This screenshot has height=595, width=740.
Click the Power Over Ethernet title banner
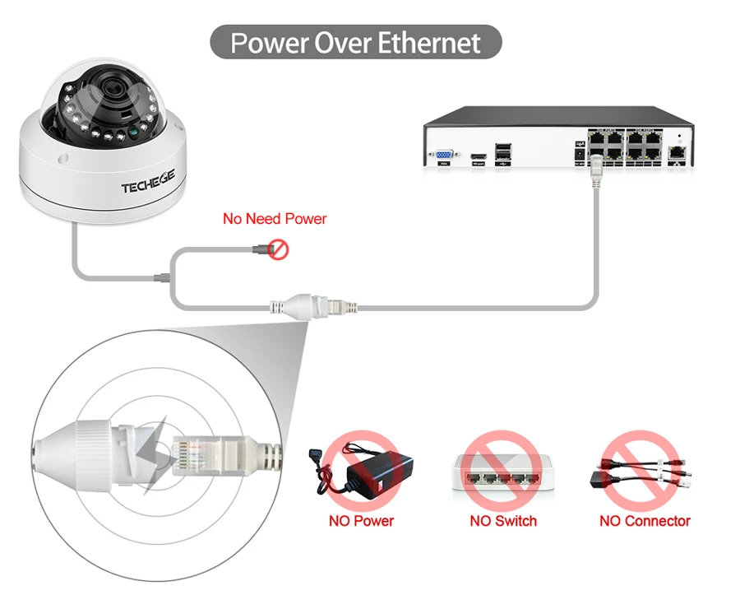355,42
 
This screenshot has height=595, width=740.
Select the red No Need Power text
275,219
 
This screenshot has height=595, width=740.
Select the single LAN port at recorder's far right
677,151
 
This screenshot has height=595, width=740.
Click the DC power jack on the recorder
578,154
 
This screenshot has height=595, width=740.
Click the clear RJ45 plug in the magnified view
200,456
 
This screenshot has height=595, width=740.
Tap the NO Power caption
361,521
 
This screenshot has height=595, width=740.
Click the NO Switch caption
503,521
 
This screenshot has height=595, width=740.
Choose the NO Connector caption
645,521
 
